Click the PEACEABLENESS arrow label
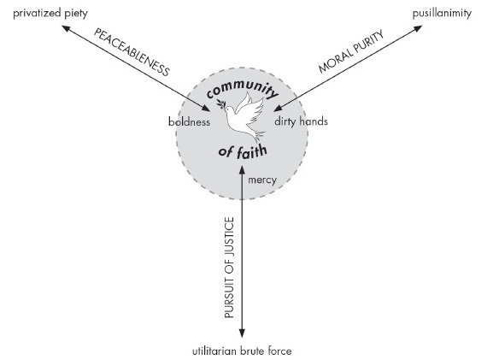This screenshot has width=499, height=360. tap(132, 59)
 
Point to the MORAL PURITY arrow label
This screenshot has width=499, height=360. tap(350, 58)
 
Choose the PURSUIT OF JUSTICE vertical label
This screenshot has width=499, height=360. tap(229, 269)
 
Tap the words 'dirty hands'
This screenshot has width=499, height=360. tap(301, 121)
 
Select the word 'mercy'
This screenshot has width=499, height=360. tap(261, 180)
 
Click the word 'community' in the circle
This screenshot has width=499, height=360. tap(244, 93)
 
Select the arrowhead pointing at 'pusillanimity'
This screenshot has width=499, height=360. tap(420, 28)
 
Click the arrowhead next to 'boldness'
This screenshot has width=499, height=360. tap(209, 109)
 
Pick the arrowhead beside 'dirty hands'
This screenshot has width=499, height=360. tap(276, 109)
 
